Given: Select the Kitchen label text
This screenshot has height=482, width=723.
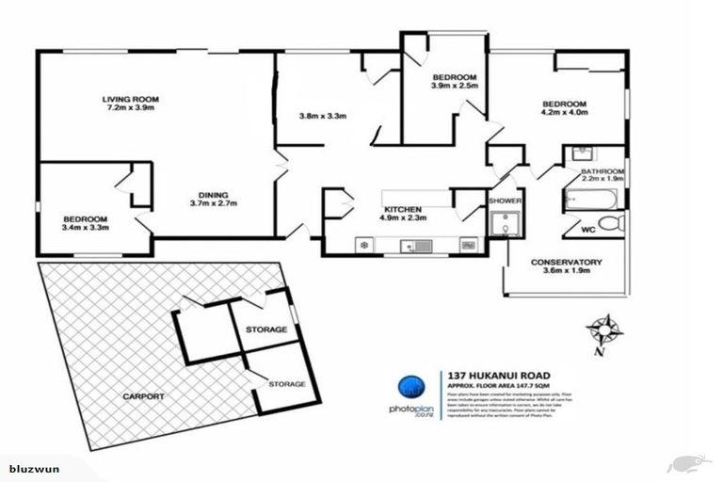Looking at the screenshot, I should pyautogui.click(x=408, y=209).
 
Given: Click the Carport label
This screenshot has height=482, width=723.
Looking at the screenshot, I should pyautogui.click(x=143, y=396).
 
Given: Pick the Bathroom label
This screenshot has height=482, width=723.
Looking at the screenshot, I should pyautogui.click(x=602, y=170).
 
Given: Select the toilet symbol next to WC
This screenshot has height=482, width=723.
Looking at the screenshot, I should pyautogui.click(x=612, y=224).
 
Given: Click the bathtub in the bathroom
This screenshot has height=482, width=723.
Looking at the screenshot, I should pyautogui.click(x=590, y=199).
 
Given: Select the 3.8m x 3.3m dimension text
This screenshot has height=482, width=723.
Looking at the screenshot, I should pyautogui.click(x=323, y=117).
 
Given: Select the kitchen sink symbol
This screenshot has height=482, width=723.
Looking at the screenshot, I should pyautogui.click(x=415, y=247).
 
